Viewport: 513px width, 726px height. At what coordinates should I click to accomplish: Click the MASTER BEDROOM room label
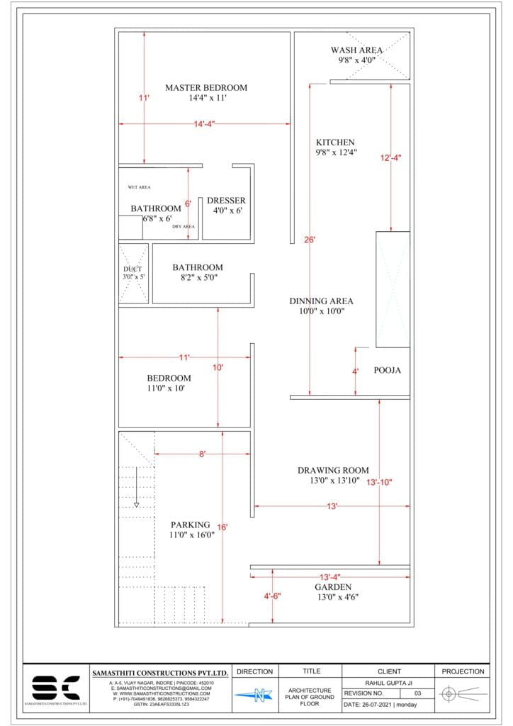[x=206, y=88]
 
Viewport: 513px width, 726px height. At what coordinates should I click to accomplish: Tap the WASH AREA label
[x=356, y=50]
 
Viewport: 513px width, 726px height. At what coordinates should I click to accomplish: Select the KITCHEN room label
[x=335, y=143]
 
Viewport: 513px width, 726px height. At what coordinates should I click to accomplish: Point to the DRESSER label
[x=226, y=201]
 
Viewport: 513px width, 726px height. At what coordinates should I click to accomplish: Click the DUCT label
[x=133, y=269]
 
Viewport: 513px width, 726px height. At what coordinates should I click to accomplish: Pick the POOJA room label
[x=388, y=370]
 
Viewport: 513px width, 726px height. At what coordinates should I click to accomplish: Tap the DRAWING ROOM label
[x=333, y=470]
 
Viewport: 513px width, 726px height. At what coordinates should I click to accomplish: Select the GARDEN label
[x=333, y=587]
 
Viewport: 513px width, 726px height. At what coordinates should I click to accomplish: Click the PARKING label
[x=191, y=525]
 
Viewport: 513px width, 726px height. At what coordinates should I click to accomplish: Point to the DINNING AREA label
[x=321, y=301]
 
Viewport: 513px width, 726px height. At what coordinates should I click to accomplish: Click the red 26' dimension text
[x=310, y=240]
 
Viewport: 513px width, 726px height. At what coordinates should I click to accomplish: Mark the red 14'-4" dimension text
[x=204, y=124]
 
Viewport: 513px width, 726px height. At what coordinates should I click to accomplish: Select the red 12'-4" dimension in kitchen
[x=390, y=157]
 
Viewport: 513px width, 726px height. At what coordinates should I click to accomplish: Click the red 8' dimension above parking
[x=202, y=454]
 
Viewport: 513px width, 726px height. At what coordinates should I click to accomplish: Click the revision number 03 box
[x=417, y=693]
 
